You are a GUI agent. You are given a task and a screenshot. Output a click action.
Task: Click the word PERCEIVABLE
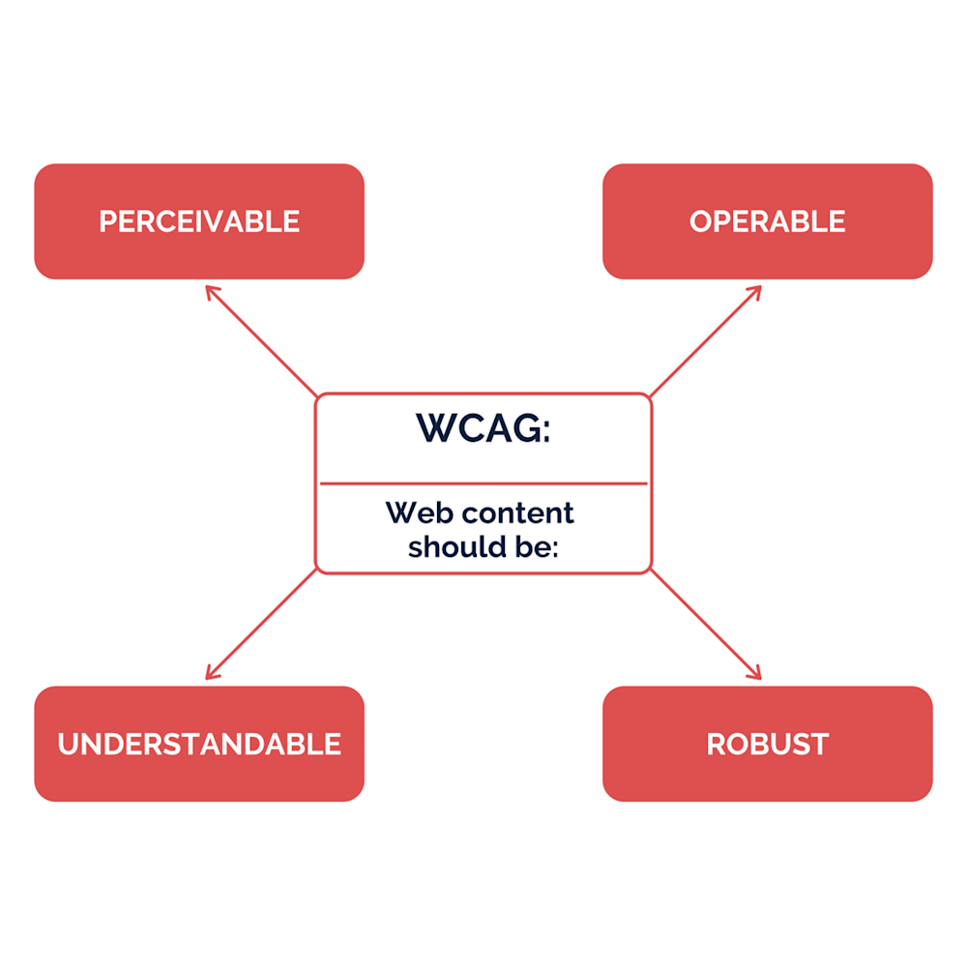pos(199,221)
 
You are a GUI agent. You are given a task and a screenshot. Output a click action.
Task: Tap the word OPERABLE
pos(767,221)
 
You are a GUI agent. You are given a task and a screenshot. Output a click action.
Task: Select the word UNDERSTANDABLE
pos(199,744)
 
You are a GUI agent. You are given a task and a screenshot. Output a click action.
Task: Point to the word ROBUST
pos(767,744)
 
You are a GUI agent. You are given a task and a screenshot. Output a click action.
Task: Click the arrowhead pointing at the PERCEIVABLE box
pos(210,289)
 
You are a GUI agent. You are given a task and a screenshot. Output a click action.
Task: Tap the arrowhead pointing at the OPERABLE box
pos(757,289)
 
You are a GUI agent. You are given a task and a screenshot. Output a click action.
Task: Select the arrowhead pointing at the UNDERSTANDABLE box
pos(210,675)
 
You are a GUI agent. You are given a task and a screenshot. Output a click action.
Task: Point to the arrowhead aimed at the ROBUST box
pos(757,675)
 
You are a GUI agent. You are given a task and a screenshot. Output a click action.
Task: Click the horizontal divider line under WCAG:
pos(483,483)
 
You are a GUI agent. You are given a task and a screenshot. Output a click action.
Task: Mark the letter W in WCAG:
pos(434,428)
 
